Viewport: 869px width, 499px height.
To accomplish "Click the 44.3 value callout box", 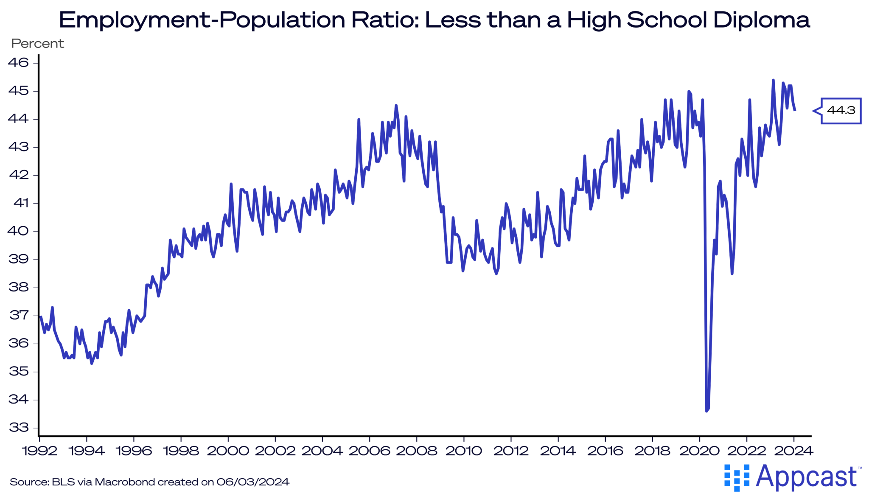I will [x=841, y=111].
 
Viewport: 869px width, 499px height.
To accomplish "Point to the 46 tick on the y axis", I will [x=18, y=63].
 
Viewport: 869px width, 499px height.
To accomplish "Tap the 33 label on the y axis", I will [x=18, y=427].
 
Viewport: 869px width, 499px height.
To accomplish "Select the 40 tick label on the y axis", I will [x=18, y=231].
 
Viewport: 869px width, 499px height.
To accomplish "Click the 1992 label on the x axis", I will [x=39, y=451].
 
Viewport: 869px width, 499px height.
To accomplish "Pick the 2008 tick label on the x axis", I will [x=417, y=451].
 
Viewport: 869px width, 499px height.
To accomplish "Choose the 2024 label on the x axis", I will [x=793, y=451].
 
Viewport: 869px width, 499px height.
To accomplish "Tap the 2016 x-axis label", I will [x=605, y=451].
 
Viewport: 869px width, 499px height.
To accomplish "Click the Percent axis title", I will [x=37, y=44].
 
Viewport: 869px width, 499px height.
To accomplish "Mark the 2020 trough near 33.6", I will [x=706, y=410].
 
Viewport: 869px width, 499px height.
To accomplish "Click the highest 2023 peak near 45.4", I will [x=773, y=80].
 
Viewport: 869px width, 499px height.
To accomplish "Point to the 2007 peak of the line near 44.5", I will [x=396, y=105].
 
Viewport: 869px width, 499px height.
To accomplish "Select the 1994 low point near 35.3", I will [x=92, y=363].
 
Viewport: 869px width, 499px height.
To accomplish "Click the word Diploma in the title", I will [x=762, y=20].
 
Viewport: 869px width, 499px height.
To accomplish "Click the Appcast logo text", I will [x=806, y=477].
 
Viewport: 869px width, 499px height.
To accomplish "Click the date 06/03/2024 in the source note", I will [x=253, y=482].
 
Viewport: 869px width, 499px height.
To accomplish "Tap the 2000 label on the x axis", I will [x=228, y=451].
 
